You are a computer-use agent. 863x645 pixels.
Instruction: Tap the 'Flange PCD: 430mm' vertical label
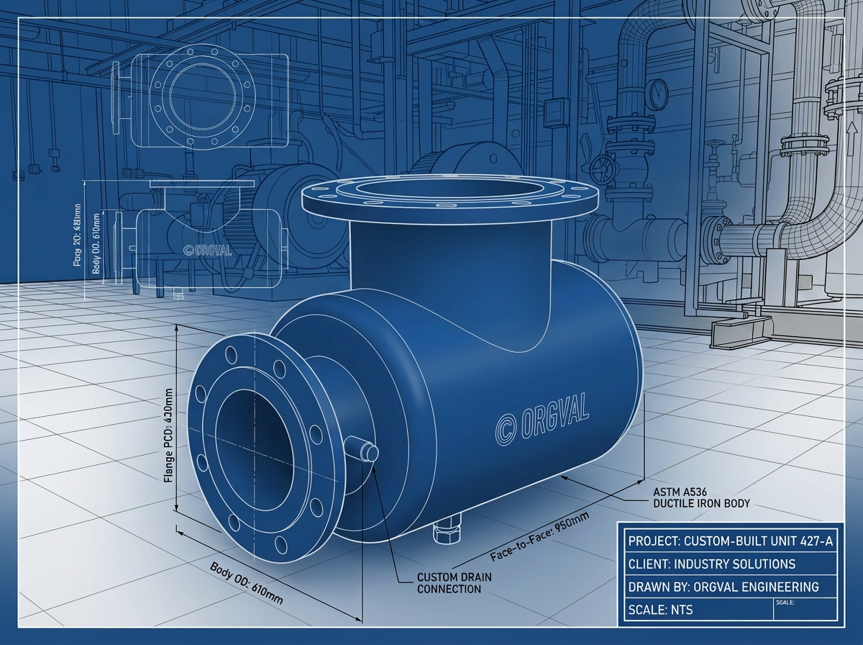(x=170, y=438)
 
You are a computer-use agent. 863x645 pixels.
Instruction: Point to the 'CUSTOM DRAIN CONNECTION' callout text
(x=449, y=583)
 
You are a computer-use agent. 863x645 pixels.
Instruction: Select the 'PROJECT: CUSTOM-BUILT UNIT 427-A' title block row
(x=730, y=541)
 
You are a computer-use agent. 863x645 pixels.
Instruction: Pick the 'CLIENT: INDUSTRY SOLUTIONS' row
(x=711, y=564)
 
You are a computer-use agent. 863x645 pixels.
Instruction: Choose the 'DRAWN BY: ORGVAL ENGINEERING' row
(x=723, y=587)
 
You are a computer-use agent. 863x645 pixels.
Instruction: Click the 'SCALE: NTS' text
(x=660, y=610)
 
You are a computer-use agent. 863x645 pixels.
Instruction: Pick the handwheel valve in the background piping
(x=601, y=170)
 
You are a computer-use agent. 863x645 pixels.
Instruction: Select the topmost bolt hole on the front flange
(x=231, y=356)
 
